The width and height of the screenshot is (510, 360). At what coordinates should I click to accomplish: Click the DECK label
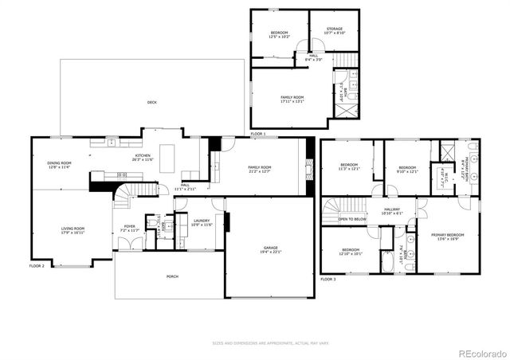(151, 102)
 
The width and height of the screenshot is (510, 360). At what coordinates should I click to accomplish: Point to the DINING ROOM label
(60, 162)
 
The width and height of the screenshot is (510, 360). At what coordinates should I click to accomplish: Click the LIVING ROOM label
(73, 229)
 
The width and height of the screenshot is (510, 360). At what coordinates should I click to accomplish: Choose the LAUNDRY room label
(202, 221)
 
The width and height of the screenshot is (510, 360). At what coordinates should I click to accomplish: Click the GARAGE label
(271, 248)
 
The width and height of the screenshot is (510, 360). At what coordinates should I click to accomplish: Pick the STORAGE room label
(334, 29)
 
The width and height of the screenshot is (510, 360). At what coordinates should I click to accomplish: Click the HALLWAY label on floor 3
(392, 210)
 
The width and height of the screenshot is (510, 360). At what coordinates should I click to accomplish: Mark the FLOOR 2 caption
(37, 265)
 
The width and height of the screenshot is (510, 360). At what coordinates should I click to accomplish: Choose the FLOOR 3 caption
(328, 280)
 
